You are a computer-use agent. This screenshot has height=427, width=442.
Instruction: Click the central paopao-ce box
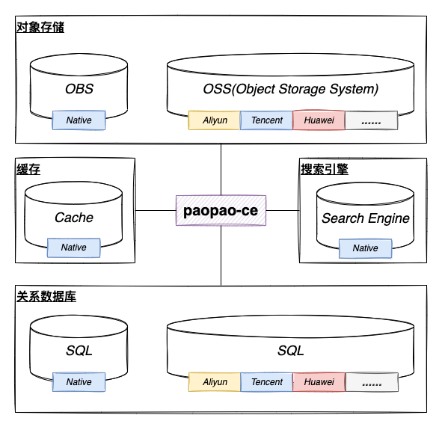[x=221, y=210]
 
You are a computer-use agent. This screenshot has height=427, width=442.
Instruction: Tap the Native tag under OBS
[x=79, y=120]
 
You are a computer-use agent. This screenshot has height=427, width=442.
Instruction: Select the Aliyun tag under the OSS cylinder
[x=214, y=120]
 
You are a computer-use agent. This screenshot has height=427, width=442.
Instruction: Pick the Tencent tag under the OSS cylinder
[x=266, y=120]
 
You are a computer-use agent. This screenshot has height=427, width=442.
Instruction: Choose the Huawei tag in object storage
[x=319, y=120]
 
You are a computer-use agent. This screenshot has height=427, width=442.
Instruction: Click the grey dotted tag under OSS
[x=371, y=120]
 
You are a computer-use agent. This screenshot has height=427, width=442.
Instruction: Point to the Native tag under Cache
[x=73, y=248]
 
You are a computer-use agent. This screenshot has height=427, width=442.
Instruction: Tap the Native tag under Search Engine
[x=365, y=248]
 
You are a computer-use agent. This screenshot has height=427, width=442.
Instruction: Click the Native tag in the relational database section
[x=79, y=382]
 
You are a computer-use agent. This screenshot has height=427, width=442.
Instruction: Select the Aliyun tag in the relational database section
[x=215, y=382]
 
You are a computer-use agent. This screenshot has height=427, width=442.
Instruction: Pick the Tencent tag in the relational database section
[x=267, y=382]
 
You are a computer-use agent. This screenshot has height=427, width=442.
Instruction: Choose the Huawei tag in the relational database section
[x=319, y=382]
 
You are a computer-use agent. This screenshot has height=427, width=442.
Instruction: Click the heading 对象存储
[x=40, y=28]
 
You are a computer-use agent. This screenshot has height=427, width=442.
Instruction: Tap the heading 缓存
[x=28, y=170]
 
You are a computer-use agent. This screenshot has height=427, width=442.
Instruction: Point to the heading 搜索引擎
[x=325, y=170]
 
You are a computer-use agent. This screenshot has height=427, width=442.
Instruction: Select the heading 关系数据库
[x=46, y=296]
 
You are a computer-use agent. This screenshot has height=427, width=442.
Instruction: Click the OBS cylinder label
[x=79, y=89]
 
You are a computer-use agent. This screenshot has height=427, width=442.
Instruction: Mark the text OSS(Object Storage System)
[x=291, y=89]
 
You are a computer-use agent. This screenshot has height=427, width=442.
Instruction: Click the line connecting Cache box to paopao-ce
[x=156, y=210]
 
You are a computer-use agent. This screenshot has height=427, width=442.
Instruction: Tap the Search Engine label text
[x=366, y=218]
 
